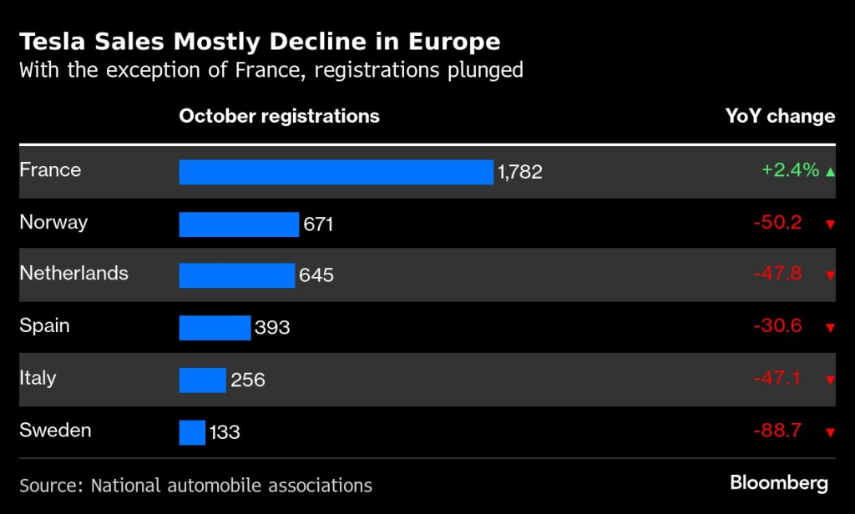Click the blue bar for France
click(x=336, y=172)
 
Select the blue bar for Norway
click(x=239, y=224)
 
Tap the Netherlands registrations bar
click(x=236, y=275)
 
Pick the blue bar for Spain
click(x=215, y=327)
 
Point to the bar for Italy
click(x=202, y=380)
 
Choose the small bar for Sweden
click(x=192, y=431)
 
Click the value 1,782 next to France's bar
click(x=520, y=172)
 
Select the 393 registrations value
click(x=272, y=327)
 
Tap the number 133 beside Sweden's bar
click(x=225, y=432)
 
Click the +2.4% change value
click(x=790, y=170)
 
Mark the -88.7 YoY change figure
click(x=777, y=431)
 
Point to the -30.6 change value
click(x=777, y=325)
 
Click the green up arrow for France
click(x=830, y=172)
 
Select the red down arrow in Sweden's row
click(x=830, y=432)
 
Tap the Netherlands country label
click(x=73, y=274)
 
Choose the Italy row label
click(x=38, y=378)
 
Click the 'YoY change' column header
click(x=780, y=116)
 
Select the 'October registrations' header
click(x=279, y=116)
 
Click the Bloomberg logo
click(x=778, y=482)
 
